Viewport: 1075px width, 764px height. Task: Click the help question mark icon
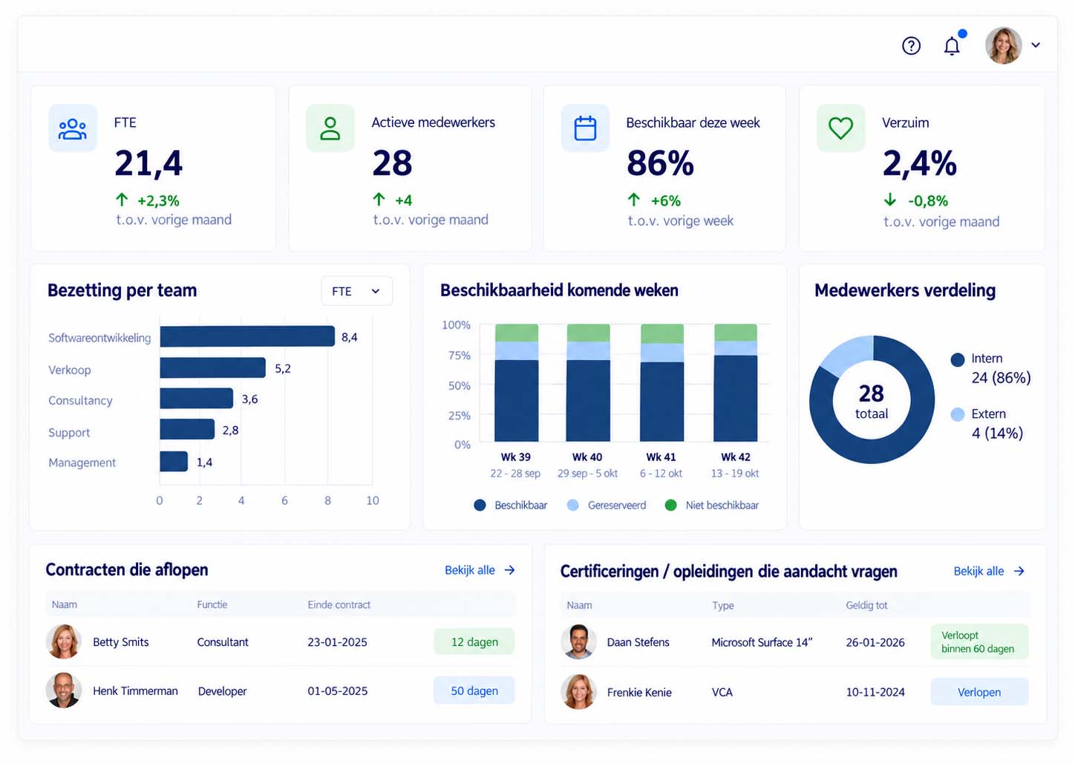pyautogui.click(x=911, y=46)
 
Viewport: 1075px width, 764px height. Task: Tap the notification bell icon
pyautogui.click(x=952, y=46)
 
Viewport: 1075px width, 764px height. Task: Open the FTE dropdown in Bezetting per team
pyautogui.click(x=356, y=291)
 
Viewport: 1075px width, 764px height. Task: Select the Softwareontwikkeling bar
pyautogui.click(x=247, y=336)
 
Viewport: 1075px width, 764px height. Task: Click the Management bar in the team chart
pyautogui.click(x=174, y=461)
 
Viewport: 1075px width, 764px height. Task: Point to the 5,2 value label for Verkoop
pyautogui.click(x=283, y=368)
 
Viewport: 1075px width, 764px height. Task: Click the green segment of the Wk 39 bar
pyautogui.click(x=517, y=333)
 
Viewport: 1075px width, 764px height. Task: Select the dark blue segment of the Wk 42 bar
pyautogui.click(x=735, y=398)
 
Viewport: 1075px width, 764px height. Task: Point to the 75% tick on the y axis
pyautogui.click(x=460, y=355)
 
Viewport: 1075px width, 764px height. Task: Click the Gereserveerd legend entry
pyautogui.click(x=607, y=505)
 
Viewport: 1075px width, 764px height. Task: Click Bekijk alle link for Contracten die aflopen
pyautogui.click(x=480, y=570)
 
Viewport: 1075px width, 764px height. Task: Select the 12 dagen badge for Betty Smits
pyautogui.click(x=474, y=641)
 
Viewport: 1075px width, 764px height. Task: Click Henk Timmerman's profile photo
pyautogui.click(x=63, y=690)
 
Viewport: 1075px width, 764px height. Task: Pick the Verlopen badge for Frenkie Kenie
pyautogui.click(x=979, y=692)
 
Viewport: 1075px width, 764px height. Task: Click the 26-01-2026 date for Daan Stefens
pyautogui.click(x=875, y=642)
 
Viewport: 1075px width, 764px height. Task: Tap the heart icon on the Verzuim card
pyautogui.click(x=841, y=128)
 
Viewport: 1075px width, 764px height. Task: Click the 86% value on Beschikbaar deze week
pyautogui.click(x=660, y=163)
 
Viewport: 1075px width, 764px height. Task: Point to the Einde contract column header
pyautogui.click(x=339, y=604)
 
